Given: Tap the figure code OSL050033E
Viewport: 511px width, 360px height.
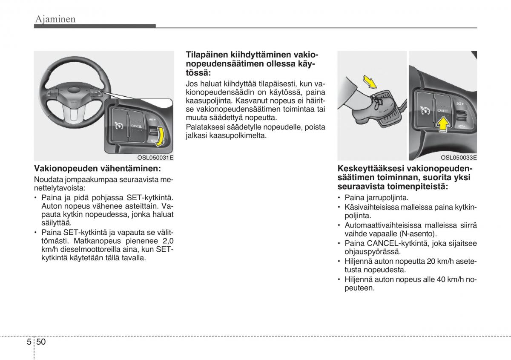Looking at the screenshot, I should [x=459, y=158].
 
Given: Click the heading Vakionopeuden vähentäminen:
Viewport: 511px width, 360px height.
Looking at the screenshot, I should [x=98, y=168].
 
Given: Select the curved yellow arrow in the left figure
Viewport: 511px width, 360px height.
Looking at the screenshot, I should [x=160, y=136].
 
